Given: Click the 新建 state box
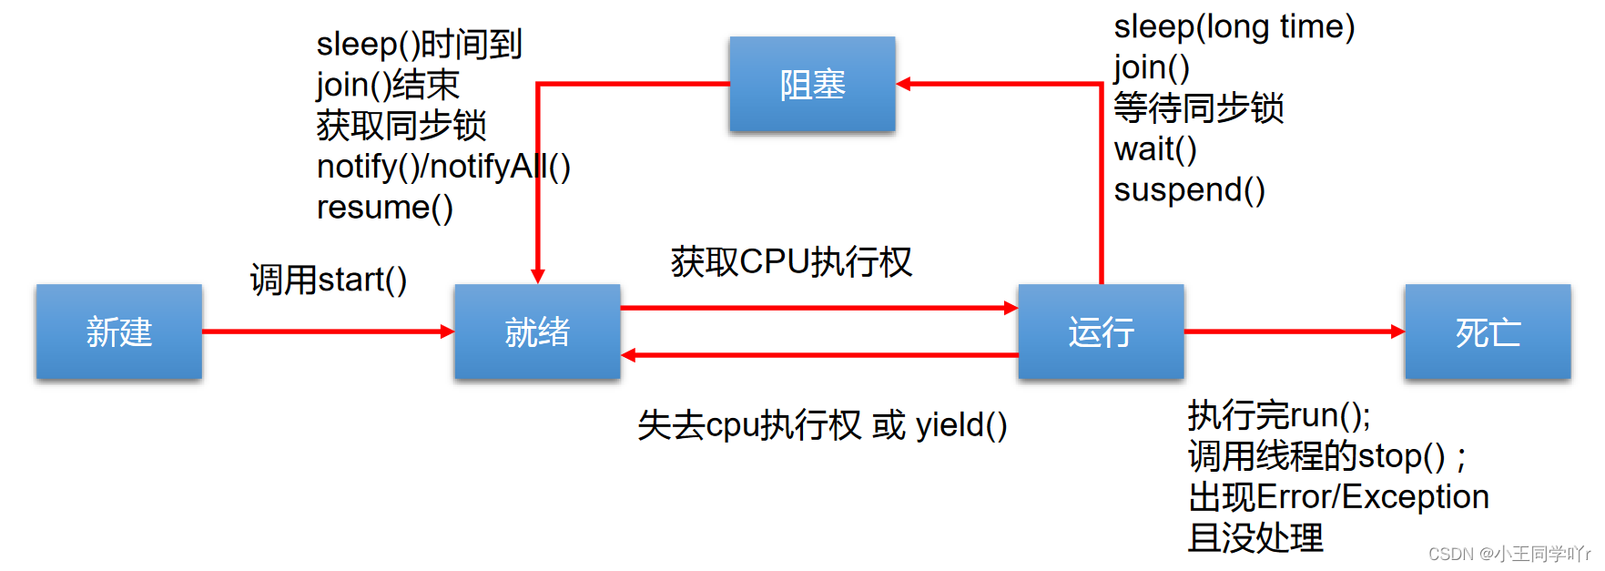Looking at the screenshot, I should [x=118, y=331].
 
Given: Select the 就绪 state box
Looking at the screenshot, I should [x=537, y=331].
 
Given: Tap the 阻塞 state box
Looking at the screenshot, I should [x=812, y=85].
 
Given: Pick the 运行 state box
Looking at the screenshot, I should [x=1101, y=331].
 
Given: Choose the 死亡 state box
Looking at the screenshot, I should [x=1488, y=331].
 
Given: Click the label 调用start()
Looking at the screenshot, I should [x=328, y=280].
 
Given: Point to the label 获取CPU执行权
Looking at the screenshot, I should [x=791, y=262].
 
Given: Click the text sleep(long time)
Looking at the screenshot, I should [x=1234, y=26].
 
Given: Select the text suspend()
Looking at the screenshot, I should [x=1189, y=189].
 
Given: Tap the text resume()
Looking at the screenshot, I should [x=384, y=208].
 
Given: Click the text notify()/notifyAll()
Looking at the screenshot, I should [x=443, y=167].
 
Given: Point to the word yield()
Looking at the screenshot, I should [x=961, y=425].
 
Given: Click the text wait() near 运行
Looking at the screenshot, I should [x=1154, y=148].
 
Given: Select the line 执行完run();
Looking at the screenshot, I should [x=1279, y=415].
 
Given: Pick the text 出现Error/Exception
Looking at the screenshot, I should [x=1338, y=497].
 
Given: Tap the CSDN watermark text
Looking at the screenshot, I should [x=1508, y=554].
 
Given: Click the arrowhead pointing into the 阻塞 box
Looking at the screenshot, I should [x=903, y=84].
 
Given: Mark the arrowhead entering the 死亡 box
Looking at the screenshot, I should [x=1397, y=331].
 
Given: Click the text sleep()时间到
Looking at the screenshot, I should [x=419, y=44].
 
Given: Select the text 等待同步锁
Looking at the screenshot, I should [x=1198, y=108].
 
